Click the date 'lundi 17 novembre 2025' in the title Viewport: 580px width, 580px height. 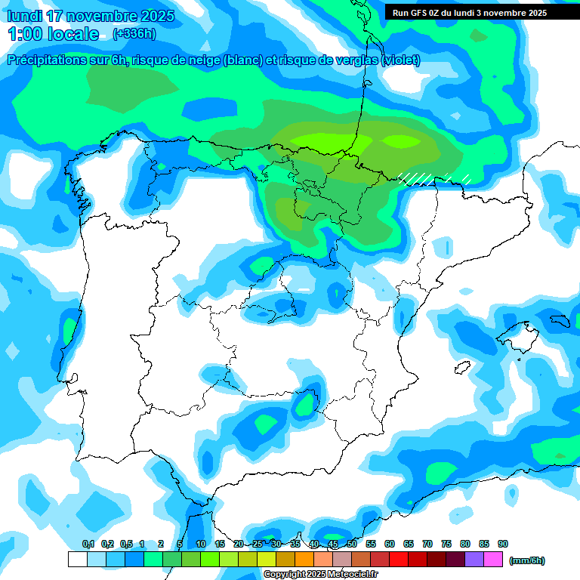click(90, 16)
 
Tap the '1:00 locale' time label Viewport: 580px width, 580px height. click(54, 34)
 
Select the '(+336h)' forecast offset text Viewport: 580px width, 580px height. click(134, 34)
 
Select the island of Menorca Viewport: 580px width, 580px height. click(560, 321)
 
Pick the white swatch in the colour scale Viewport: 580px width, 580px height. click(77, 559)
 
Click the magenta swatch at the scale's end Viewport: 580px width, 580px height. click(493, 559)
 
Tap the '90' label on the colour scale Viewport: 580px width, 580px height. click(503, 544)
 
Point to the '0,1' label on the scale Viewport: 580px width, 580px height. click(88, 544)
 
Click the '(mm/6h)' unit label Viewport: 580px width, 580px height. click(526, 560)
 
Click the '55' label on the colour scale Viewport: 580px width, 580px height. click(371, 544)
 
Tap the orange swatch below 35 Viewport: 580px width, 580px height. click(304, 559)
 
